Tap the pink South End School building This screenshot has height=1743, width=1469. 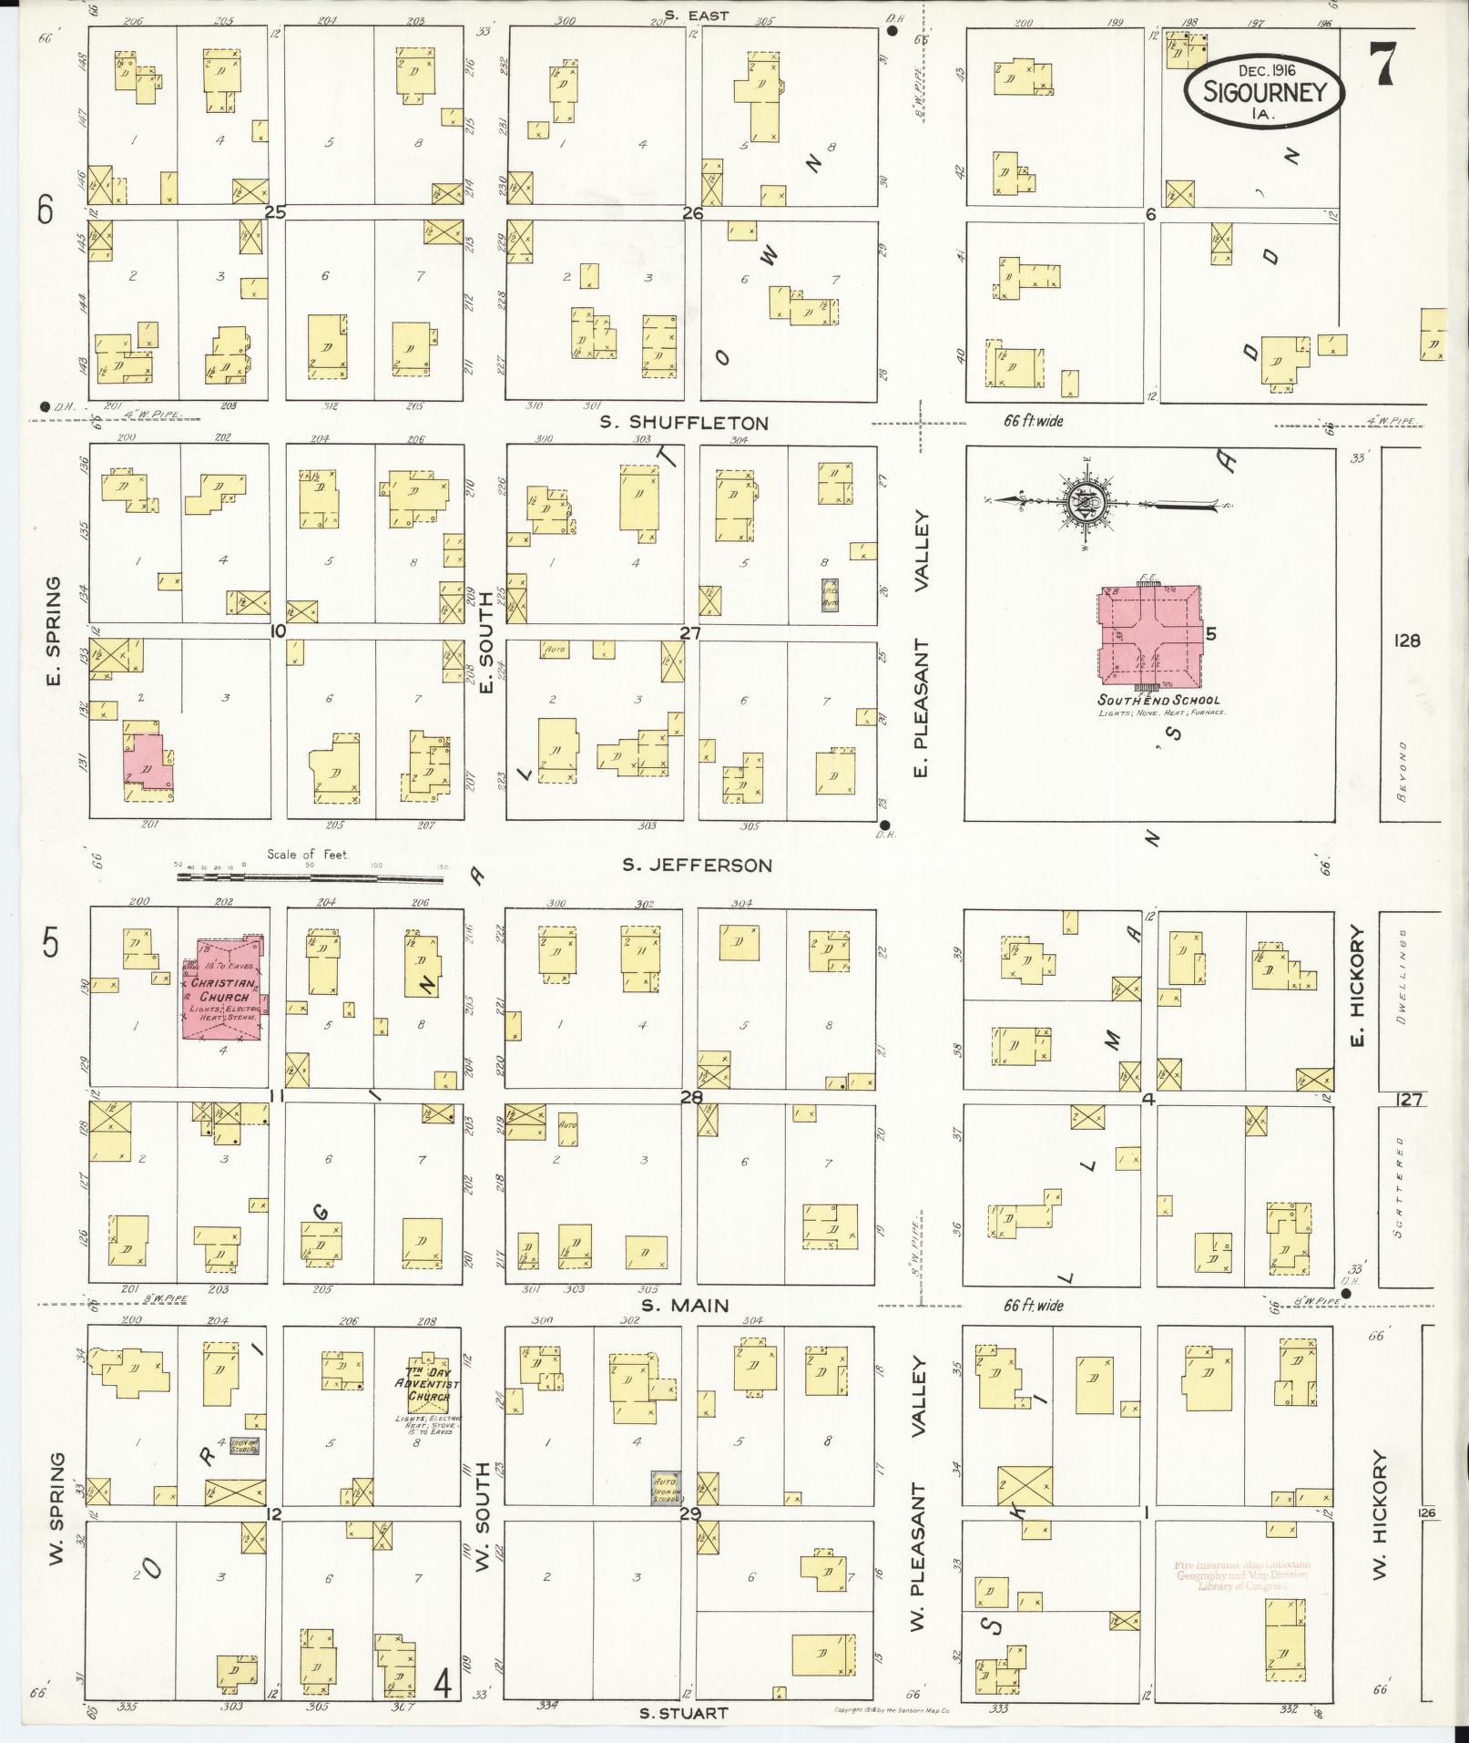(x=1150, y=639)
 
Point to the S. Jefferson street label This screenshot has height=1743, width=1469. (x=697, y=865)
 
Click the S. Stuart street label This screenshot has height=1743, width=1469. (x=683, y=1713)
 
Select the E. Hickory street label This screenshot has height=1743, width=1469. (x=1358, y=986)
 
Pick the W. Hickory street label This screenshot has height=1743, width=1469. (x=1379, y=1514)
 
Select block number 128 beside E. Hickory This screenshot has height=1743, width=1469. (x=1406, y=641)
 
